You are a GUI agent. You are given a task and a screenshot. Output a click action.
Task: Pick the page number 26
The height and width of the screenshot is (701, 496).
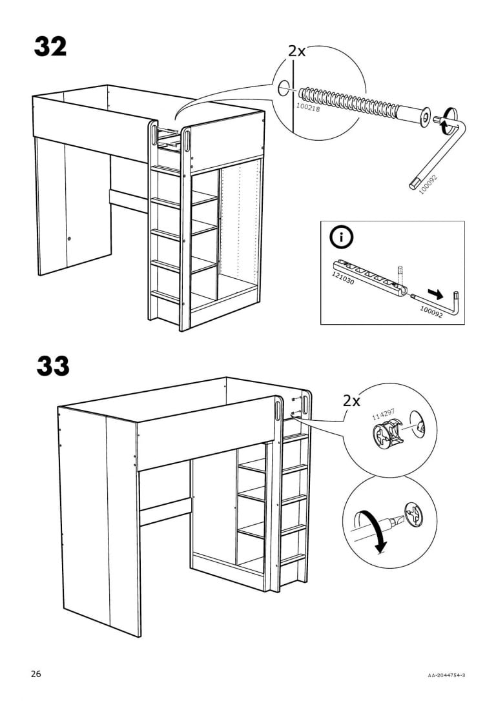36,674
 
